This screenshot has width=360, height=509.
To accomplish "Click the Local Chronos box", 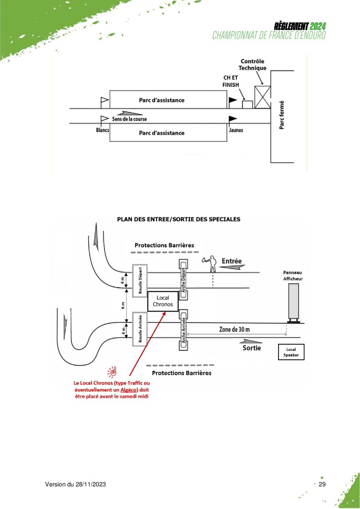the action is pos(163,301).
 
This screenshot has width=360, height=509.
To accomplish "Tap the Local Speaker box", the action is pos(291,352).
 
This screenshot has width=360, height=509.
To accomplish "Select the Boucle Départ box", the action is pos(140,280).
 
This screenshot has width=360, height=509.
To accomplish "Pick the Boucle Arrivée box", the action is pos(140,329).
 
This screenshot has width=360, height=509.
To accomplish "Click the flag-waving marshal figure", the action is pos(210,264).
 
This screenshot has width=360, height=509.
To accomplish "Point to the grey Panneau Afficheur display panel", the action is pos(293,303).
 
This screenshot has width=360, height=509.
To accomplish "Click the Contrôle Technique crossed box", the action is pos(262,97).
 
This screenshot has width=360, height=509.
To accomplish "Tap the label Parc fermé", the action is pos(282,115).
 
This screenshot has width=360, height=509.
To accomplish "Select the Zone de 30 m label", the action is pos(234,329).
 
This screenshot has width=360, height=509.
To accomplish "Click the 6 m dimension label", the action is pos(123,305).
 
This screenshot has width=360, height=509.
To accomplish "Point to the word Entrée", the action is pos(232,261).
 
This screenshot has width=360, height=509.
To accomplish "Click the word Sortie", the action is pos(251,348).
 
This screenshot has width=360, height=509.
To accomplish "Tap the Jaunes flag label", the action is pos(236,130).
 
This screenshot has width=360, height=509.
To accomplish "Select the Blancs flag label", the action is pos(103,130).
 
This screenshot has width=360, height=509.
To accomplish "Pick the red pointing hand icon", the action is pos(112,372).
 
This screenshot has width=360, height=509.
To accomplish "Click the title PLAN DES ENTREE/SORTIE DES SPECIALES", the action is pos(179,219).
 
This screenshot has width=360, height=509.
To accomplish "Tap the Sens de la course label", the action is pos(129,119).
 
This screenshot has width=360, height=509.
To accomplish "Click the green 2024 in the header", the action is pos(318,26).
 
